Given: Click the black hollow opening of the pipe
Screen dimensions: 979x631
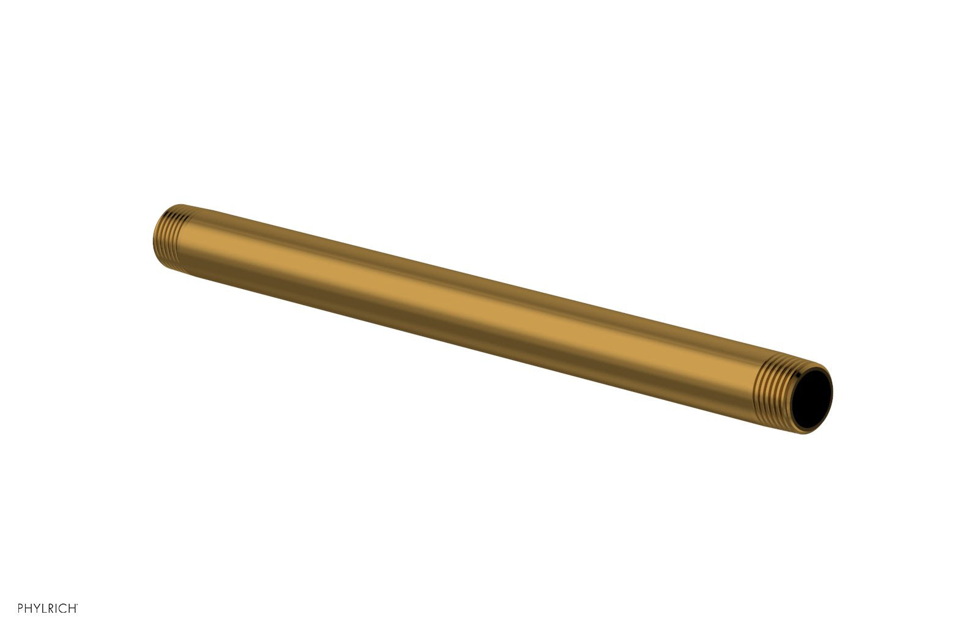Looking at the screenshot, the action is click(811, 399).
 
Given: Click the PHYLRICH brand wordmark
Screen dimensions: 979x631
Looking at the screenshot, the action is click(48, 608).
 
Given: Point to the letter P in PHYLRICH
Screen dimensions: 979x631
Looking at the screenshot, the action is click(20, 608).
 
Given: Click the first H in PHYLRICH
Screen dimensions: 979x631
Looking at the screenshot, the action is click(28, 608).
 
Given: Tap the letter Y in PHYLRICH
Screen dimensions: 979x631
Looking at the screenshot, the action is click(37, 608).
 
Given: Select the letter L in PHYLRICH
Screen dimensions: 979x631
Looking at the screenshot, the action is click(45, 608).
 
